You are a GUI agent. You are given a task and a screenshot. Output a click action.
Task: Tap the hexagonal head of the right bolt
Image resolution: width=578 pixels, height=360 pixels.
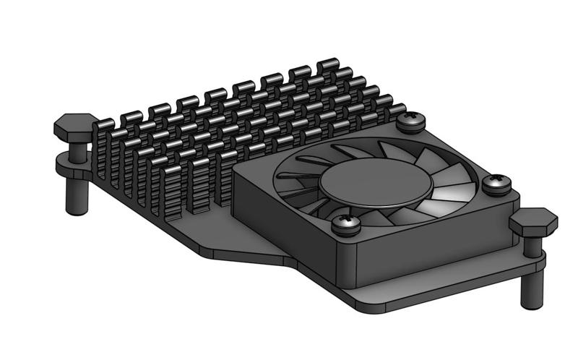pyautogui.click(x=532, y=220)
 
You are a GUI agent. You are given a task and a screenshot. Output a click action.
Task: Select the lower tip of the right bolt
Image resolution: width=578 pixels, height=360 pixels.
pyautogui.click(x=532, y=302)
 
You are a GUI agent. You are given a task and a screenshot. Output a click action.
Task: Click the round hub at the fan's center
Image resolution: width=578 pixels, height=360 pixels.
pyautogui.click(x=376, y=183)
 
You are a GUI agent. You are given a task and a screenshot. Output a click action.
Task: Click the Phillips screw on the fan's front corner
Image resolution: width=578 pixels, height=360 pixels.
pyautogui.click(x=345, y=224)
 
